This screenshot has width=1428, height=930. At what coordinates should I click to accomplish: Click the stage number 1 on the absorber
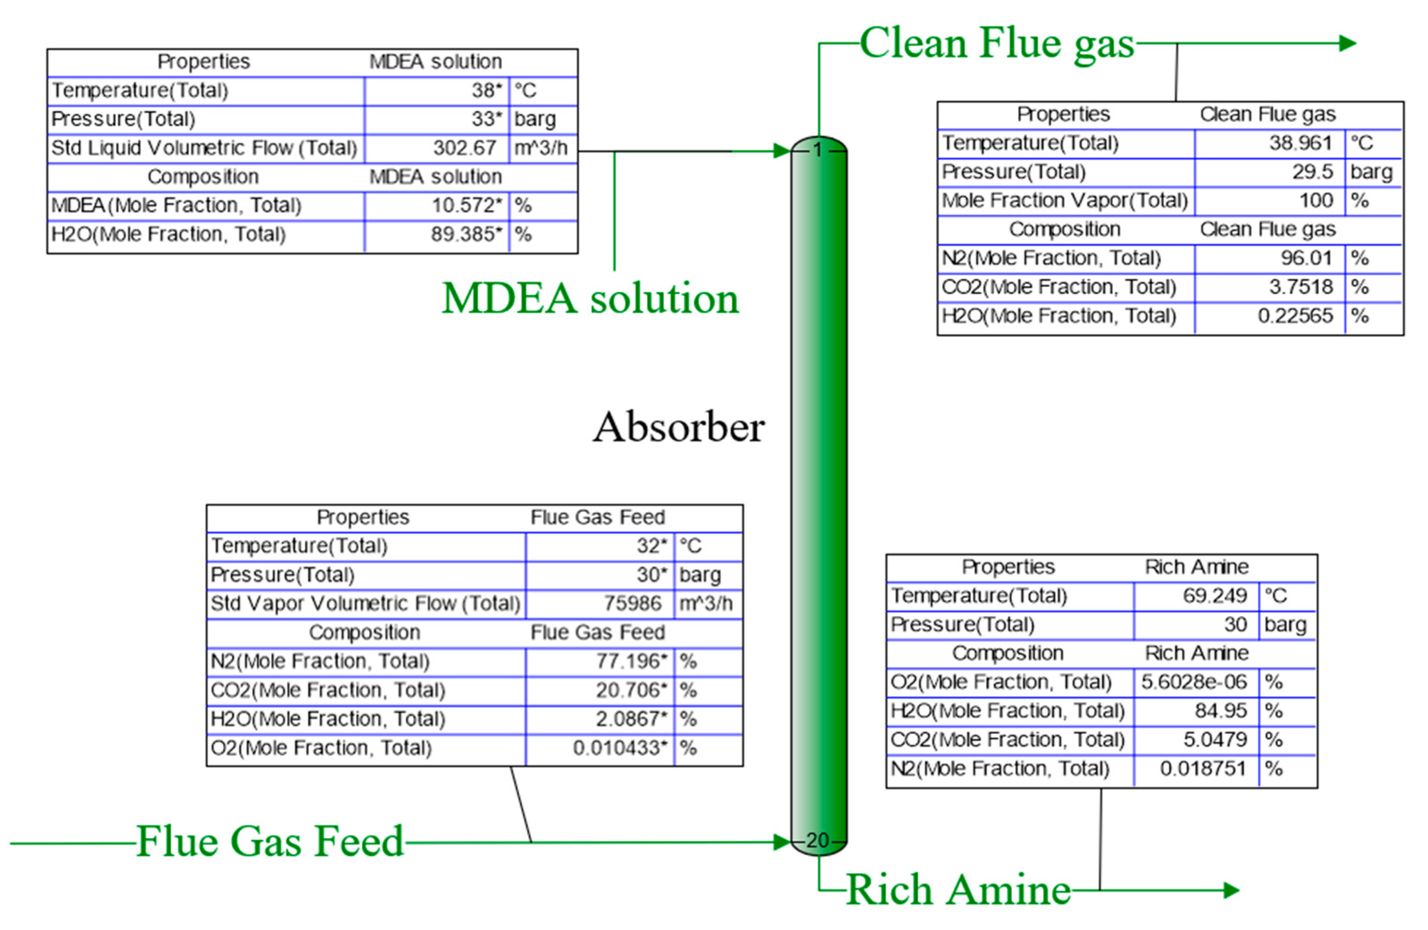click(818, 150)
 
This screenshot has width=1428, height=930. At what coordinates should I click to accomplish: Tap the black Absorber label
click(679, 428)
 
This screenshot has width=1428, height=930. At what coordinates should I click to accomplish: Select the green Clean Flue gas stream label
click(997, 44)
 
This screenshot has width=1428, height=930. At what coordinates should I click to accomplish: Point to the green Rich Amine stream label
click(958, 890)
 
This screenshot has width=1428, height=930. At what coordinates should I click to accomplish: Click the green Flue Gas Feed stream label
click(270, 841)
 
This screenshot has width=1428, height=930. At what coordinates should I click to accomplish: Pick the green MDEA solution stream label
click(590, 298)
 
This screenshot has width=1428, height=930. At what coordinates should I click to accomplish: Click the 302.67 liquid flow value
click(464, 148)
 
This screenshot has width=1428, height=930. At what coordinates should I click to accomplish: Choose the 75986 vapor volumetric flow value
click(633, 603)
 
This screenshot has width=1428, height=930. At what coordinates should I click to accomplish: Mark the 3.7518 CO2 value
click(1300, 287)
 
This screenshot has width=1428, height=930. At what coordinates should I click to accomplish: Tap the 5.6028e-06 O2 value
click(1193, 682)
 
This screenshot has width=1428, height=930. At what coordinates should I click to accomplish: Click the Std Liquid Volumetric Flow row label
click(204, 148)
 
